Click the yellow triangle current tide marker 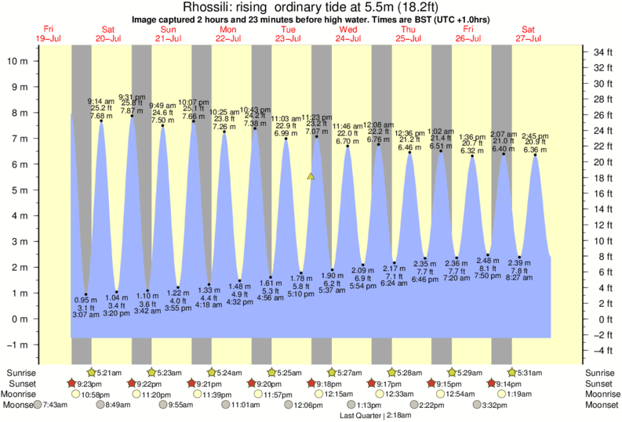click(311, 177)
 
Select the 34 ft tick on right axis click(600, 52)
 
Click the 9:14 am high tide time click(100, 100)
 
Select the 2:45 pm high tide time click(537, 135)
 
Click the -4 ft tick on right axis click(600, 351)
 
